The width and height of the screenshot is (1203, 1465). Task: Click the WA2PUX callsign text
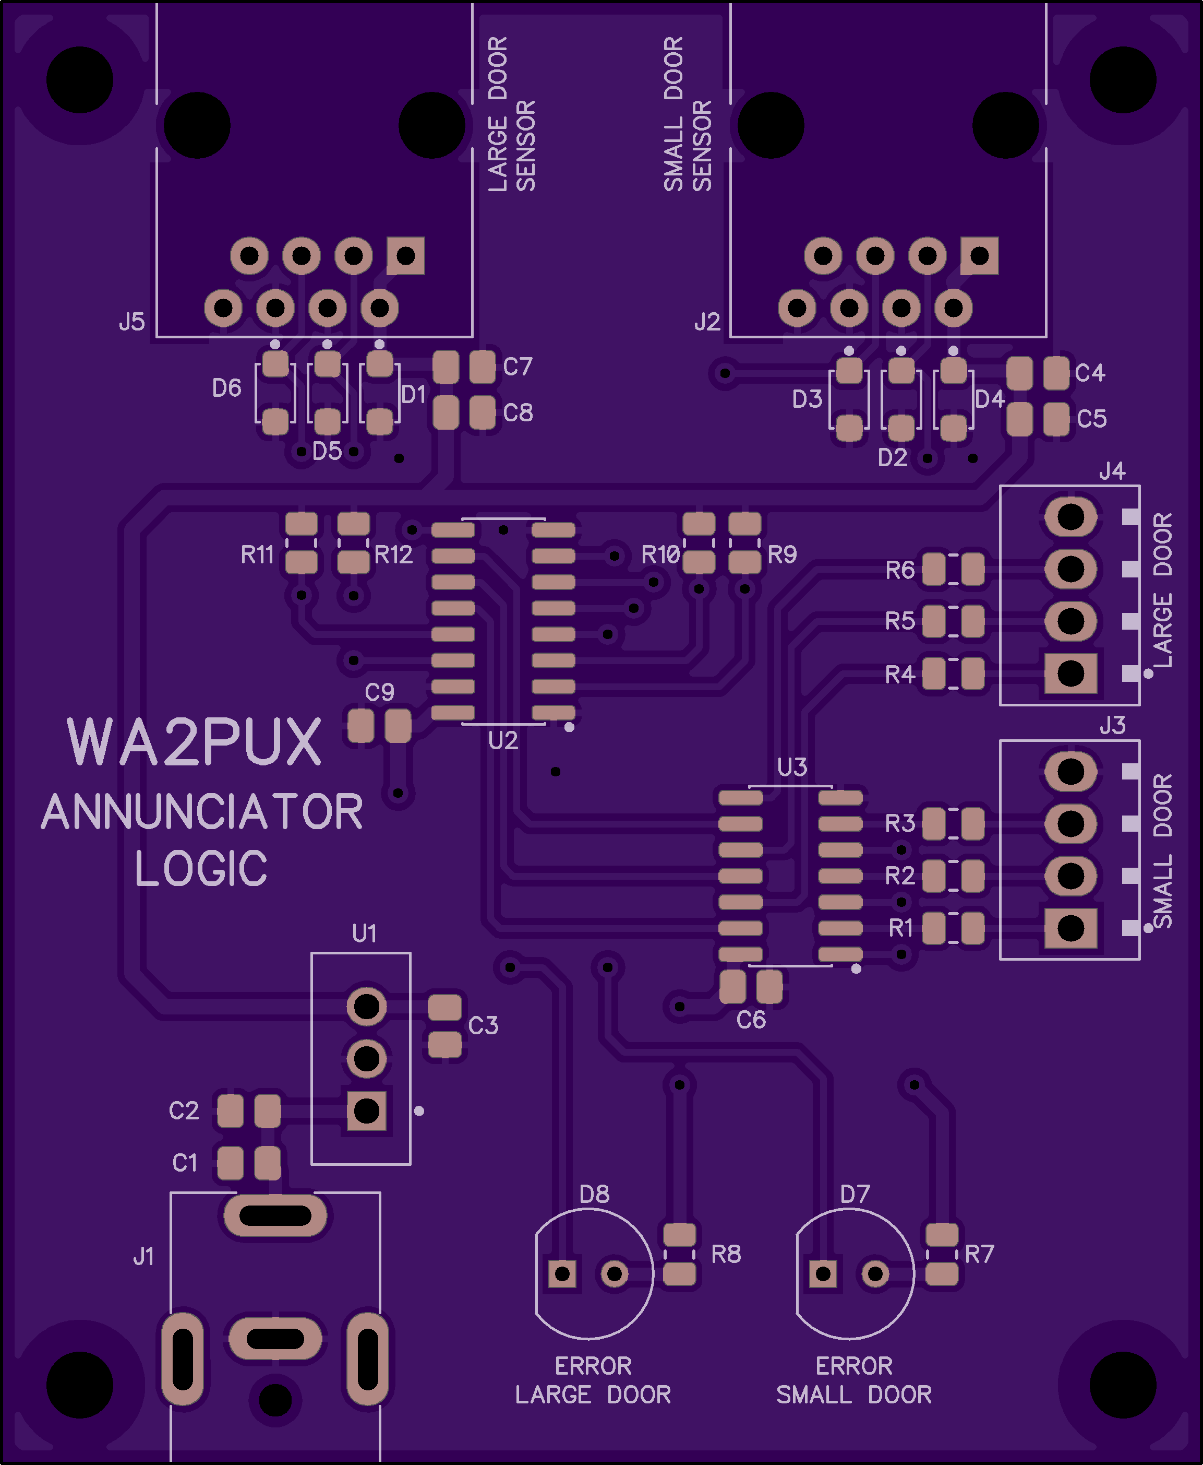click(194, 742)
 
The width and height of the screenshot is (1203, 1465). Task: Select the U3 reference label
click(792, 767)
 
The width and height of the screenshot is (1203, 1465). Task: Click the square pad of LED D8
click(562, 1273)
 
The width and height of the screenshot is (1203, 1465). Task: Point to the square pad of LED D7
click(823, 1273)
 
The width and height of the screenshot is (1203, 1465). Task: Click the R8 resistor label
click(726, 1254)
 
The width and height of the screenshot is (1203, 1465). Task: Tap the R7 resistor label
click(979, 1254)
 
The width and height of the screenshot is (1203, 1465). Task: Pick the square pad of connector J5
click(405, 256)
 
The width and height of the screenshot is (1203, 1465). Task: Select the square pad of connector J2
click(979, 256)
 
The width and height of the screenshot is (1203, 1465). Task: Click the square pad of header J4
click(1070, 672)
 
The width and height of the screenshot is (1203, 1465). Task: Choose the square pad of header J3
click(1070, 928)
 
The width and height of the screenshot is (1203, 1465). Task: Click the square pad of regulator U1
click(367, 1110)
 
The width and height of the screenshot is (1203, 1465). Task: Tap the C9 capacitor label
click(379, 692)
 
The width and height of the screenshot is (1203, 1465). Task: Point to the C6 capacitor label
click(751, 1020)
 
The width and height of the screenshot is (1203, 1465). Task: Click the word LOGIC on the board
click(201, 869)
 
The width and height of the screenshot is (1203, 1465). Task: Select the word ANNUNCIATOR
click(202, 812)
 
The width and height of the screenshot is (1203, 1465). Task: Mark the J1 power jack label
click(143, 1256)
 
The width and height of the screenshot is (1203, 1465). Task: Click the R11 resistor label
click(257, 554)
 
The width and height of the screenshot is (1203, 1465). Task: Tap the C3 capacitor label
click(483, 1025)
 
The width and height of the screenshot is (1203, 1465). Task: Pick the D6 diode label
click(226, 388)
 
